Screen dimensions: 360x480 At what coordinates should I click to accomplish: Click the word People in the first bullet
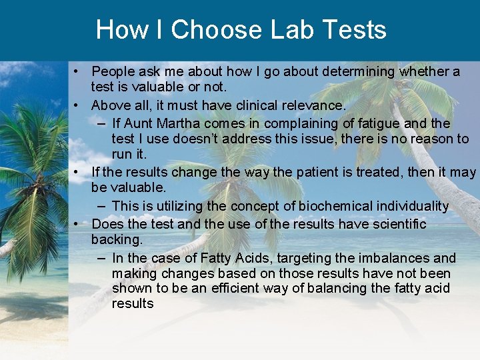click(113, 71)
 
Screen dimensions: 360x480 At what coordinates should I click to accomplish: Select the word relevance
click(314, 105)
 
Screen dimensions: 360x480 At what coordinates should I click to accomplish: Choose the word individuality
click(408, 206)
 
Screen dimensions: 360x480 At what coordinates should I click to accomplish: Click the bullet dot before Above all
click(78, 105)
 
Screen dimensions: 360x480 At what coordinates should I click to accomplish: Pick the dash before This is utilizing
click(100, 206)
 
